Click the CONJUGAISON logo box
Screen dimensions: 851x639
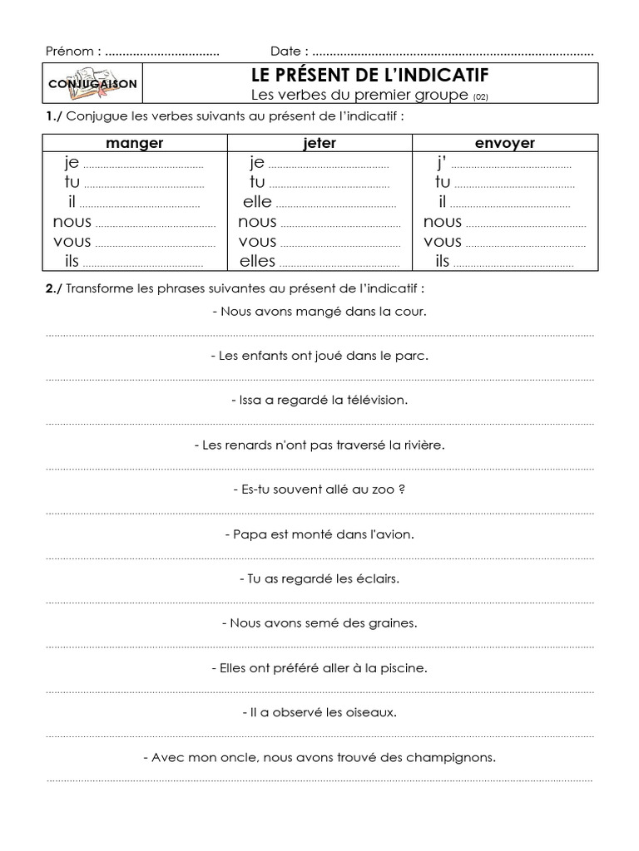(x=92, y=84)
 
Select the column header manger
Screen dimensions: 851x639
(x=135, y=143)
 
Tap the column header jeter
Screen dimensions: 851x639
(x=320, y=143)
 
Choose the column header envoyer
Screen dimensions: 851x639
(x=505, y=143)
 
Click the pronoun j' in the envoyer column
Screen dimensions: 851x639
(x=442, y=162)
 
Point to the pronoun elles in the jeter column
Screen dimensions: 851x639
(x=257, y=262)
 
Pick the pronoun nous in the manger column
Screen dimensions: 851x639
(x=72, y=222)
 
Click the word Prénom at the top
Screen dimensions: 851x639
(x=70, y=51)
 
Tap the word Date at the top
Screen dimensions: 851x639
(x=287, y=51)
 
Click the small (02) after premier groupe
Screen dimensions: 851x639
(x=481, y=97)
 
